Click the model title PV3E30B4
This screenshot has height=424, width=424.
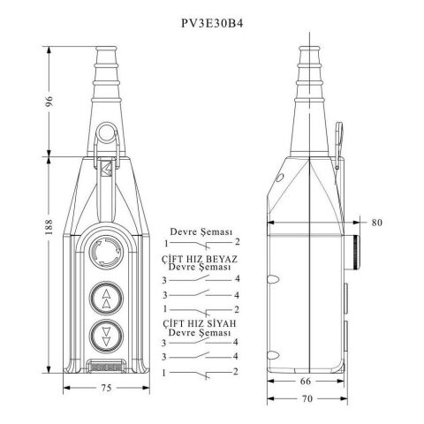click(x=212, y=23)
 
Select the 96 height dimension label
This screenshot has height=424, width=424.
click(x=49, y=101)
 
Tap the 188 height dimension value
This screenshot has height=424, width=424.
click(x=49, y=226)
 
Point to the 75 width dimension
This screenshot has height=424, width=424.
click(x=106, y=388)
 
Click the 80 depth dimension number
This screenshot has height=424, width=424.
click(x=376, y=223)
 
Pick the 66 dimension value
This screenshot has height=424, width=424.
click(x=306, y=381)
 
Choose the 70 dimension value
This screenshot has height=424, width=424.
click(x=307, y=398)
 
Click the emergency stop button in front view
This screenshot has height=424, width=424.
click(x=106, y=252)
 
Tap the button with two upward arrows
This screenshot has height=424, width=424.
click(x=106, y=299)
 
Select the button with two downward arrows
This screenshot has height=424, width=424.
click(x=106, y=336)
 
